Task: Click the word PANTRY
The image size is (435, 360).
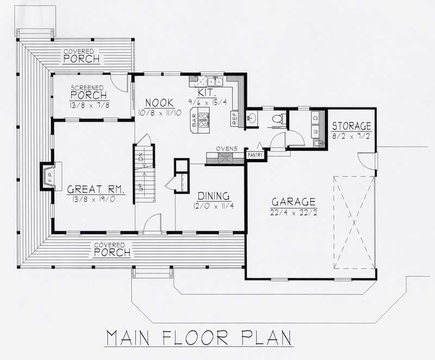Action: pos(255,155)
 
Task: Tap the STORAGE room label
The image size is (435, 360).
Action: pos(352,126)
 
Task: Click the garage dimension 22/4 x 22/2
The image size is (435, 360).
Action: pos(293,212)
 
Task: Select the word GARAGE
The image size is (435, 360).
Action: pos(293,202)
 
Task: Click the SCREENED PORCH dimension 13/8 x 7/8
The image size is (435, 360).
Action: pos(90,104)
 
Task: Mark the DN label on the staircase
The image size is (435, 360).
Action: pos(140,158)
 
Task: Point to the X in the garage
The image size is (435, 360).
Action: pos(354,222)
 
